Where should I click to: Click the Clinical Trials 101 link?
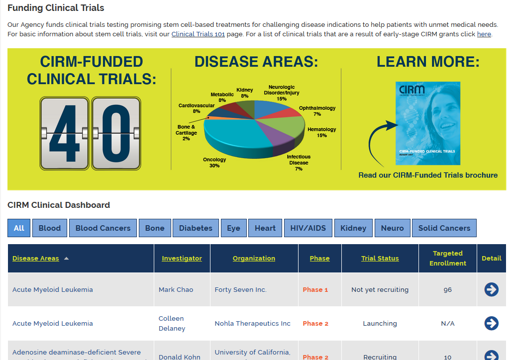coord(198,34)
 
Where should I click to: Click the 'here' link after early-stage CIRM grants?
coord(484,34)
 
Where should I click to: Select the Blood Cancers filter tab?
coord(103,228)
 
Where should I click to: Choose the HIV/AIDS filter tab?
coord(308,228)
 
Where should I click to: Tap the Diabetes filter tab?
coord(196,228)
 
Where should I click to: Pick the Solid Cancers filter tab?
coord(444,228)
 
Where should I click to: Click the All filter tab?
coord(19,228)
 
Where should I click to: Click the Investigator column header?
coord(182,259)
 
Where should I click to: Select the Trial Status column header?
coord(380,259)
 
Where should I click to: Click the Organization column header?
coord(254,259)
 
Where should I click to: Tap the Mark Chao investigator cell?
coord(176,290)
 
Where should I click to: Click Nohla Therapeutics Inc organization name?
coord(252,324)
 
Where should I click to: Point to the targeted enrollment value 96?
coord(447,290)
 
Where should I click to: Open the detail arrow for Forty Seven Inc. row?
coord(491,289)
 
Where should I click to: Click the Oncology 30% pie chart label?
coord(214,163)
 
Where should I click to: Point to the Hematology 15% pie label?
coord(321,132)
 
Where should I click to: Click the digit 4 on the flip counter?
coord(64,133)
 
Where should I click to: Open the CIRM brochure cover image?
coord(428,123)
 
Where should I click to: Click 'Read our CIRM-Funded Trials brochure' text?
coord(428,175)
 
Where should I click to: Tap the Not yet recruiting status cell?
coord(380,290)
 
